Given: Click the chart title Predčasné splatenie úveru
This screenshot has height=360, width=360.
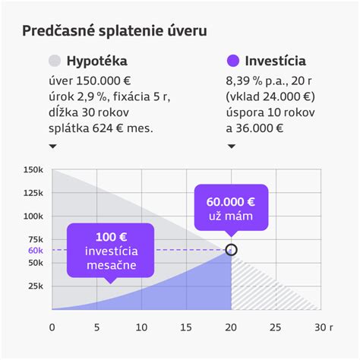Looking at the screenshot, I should (x=115, y=31).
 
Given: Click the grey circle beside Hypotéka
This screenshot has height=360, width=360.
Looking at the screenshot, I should (x=54, y=61).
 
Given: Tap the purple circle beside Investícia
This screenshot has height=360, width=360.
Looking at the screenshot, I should (x=233, y=61).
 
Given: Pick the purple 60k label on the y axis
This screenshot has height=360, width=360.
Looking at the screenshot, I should (x=36, y=250).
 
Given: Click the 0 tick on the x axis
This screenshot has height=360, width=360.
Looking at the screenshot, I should (x=52, y=328).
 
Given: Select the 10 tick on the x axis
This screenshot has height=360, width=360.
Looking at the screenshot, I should (x=141, y=328).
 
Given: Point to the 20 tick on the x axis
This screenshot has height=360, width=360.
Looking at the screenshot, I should (x=230, y=328).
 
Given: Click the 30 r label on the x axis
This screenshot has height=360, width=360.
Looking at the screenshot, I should (x=324, y=328).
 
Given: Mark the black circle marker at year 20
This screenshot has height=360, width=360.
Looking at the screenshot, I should (x=232, y=249).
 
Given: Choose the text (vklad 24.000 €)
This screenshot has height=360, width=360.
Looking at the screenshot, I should (x=270, y=96).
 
